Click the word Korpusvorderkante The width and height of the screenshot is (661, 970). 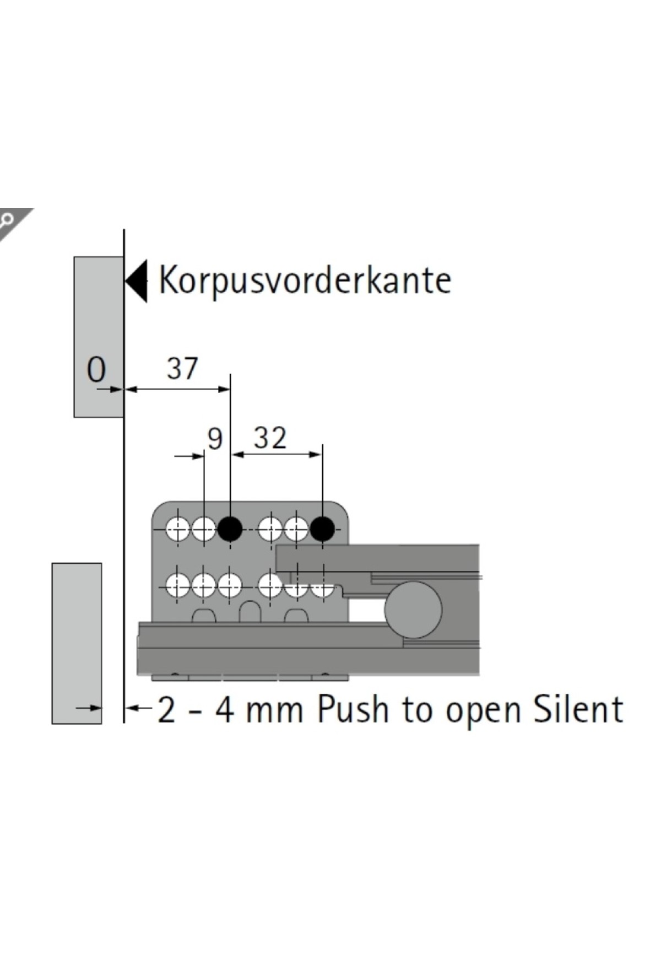305,281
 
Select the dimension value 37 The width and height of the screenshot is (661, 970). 182,368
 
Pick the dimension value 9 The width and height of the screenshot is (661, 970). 215,439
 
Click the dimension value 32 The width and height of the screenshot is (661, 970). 270,439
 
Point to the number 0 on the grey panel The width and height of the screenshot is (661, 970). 96,370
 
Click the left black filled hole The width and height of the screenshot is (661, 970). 230,529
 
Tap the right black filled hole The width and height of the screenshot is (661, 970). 322,529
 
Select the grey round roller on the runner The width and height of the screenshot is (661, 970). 413,610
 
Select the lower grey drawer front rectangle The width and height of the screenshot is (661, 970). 77,643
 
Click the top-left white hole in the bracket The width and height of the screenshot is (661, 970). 178,529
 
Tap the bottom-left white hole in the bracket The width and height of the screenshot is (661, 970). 178,585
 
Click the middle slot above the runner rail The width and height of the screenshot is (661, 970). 250,612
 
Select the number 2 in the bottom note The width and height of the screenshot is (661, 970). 166,710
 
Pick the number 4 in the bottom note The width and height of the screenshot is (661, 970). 225,710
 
